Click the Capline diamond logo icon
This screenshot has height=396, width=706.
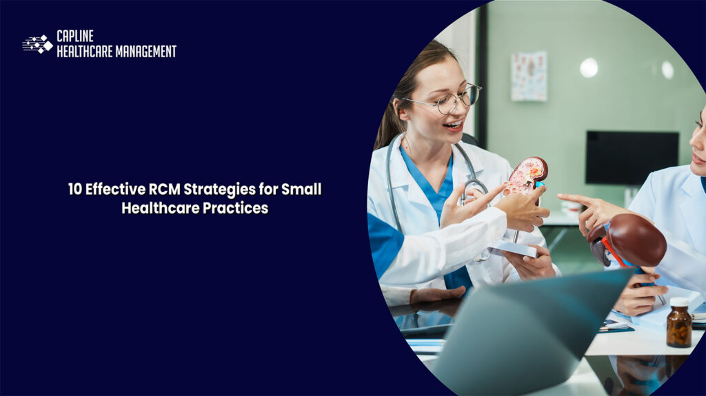pos(38,44)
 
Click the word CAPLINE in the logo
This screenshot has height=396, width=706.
pos(75,37)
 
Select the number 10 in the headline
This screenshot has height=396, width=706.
pos(75,189)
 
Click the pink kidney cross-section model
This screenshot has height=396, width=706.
pos(527,175)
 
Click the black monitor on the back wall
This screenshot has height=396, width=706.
pos(632,157)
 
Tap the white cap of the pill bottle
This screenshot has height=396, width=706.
pos(678,302)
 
